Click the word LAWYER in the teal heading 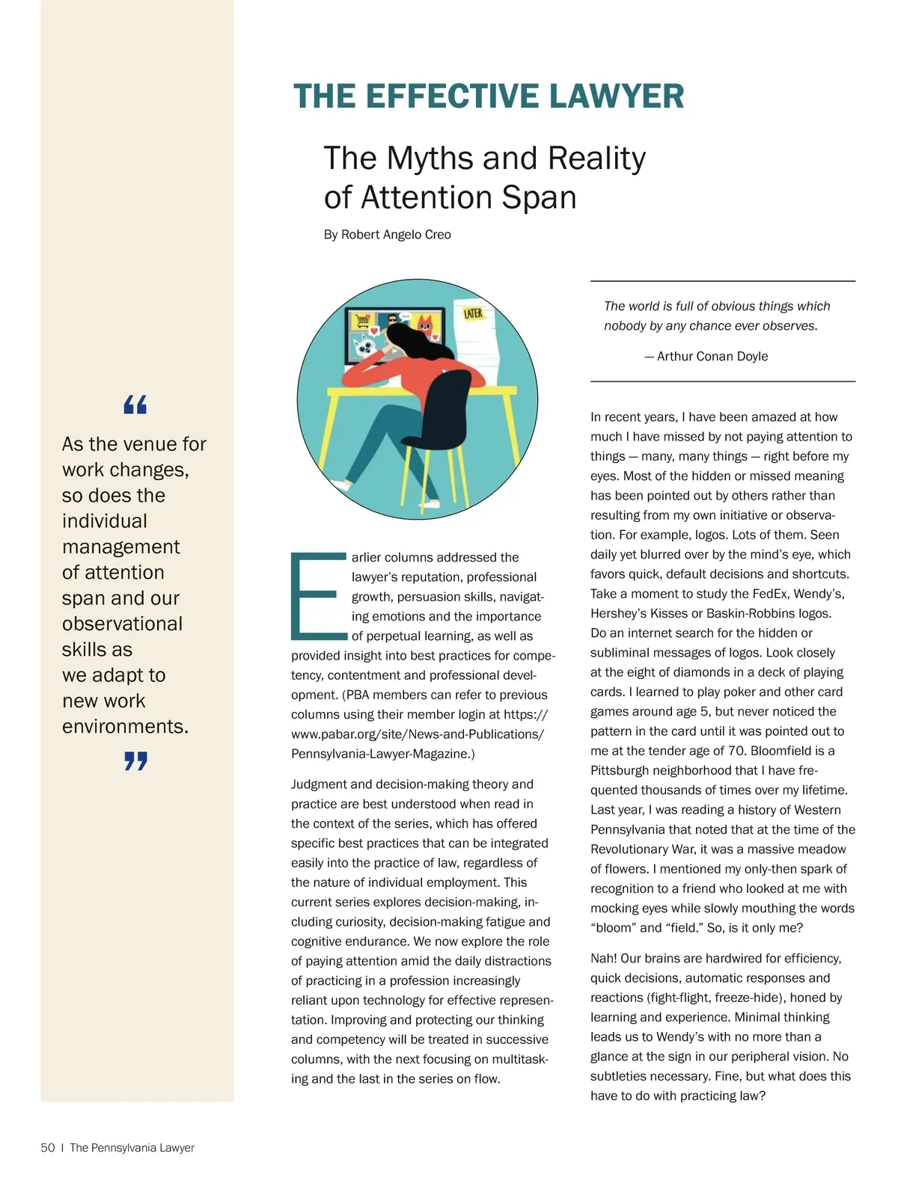coord(616,96)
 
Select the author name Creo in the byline coord(438,235)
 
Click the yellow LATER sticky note coord(473,313)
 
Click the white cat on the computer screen coord(366,345)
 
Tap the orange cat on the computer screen coord(424,325)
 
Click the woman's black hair coord(409,345)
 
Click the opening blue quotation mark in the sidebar coord(135,405)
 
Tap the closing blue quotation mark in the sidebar coord(135,761)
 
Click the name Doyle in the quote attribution coord(751,357)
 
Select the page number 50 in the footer coord(48,1148)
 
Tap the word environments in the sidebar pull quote coord(125,727)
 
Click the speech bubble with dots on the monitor coord(405,316)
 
